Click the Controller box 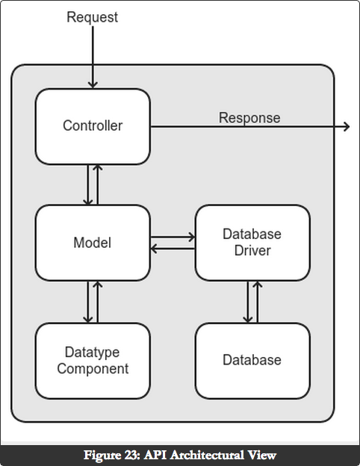click(93, 126)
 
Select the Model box click(93, 243)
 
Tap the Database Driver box click(252, 243)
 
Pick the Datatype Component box click(93, 361)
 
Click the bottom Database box click(252, 361)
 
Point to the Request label click(92, 17)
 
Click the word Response click(249, 118)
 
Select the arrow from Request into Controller click(93, 58)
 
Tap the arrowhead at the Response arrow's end click(347, 127)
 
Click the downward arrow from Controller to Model click(87, 184)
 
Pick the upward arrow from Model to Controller click(98, 184)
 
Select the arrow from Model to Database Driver click(173, 237)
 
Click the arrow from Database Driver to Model click(173, 249)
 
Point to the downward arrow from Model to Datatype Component click(87, 302)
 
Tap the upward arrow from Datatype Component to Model click(98, 302)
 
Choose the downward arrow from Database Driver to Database click(248, 302)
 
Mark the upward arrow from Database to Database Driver click(258, 302)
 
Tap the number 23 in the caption click(133, 455)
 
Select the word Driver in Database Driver click(252, 250)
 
